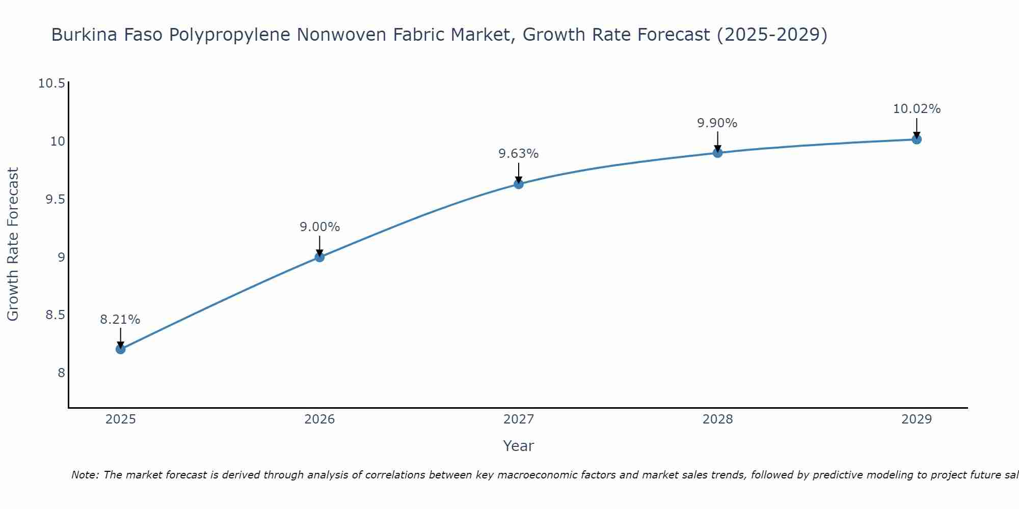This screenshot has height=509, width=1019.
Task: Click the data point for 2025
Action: coord(121,349)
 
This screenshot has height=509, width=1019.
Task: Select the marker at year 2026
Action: coord(319,257)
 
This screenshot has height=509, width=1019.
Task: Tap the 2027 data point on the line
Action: coord(519,184)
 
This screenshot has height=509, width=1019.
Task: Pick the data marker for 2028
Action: coord(717,153)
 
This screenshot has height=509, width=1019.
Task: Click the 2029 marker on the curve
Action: coord(917,139)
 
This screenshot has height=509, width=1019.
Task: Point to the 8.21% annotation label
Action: coord(120,320)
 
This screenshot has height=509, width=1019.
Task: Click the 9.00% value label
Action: coord(319,227)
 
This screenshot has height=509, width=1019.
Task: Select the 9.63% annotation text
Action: coord(519,154)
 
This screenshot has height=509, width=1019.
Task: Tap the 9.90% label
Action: coord(717,123)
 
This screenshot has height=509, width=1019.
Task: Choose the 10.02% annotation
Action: coord(917,109)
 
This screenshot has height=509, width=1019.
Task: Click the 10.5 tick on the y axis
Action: coord(52,83)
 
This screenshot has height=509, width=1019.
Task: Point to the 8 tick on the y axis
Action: coord(61,373)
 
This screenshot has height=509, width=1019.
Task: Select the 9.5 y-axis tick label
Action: coord(56,200)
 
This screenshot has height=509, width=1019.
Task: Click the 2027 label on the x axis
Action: coord(519,419)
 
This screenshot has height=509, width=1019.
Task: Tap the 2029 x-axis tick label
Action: coord(917,419)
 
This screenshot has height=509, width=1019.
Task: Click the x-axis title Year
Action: coord(518,446)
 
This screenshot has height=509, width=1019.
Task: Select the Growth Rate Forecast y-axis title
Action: coord(13,244)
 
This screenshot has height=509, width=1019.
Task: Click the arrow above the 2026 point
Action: coord(319,245)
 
